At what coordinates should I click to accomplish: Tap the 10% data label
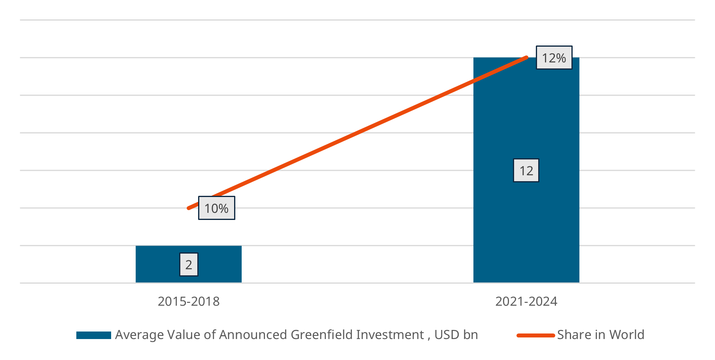coord(216,208)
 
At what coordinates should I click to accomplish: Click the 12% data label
coord(554,58)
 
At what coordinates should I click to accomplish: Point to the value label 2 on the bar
coord(189,265)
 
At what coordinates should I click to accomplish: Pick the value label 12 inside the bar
coord(526,171)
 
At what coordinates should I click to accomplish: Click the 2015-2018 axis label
coord(189,301)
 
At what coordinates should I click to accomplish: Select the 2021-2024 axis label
coord(526,301)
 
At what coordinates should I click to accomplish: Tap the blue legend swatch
coord(93,335)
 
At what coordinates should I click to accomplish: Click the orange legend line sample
coord(535,335)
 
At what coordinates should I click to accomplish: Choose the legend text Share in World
coord(600,335)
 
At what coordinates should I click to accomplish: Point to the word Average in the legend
coord(139,335)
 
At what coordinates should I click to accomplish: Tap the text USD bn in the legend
coord(456,335)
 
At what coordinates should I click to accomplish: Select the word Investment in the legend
coord(390,335)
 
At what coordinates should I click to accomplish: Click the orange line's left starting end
coord(189,208)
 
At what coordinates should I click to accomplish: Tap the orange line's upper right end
coord(526,58)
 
